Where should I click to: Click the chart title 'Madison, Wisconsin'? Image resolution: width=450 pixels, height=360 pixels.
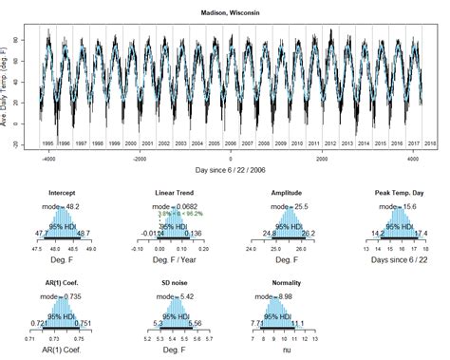click(230, 13)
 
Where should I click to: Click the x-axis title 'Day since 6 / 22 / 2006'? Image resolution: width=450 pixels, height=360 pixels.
click(231, 170)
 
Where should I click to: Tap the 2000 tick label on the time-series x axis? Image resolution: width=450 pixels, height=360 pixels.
click(321, 159)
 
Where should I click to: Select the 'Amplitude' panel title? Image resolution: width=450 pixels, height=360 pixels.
click(286, 194)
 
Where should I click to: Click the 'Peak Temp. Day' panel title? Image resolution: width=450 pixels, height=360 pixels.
click(394, 194)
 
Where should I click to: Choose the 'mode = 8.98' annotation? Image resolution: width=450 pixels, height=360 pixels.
click(286, 296)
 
